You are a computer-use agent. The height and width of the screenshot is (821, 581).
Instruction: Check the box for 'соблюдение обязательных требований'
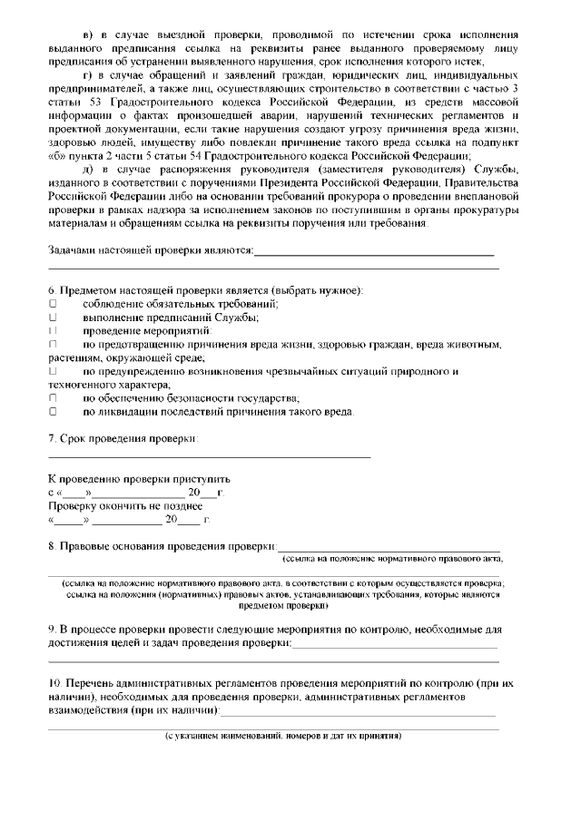(53, 304)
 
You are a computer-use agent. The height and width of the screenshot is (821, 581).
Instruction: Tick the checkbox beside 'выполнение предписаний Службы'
(53, 318)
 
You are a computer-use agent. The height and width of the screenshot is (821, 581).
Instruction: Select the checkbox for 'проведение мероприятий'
(53, 331)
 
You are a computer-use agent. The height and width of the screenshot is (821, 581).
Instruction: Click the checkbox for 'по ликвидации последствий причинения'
(53, 412)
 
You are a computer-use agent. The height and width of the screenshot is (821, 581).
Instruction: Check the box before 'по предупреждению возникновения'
(53, 372)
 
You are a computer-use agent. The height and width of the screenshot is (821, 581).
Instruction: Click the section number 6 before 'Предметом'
(51, 290)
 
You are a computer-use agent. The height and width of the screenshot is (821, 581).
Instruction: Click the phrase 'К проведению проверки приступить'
(139, 478)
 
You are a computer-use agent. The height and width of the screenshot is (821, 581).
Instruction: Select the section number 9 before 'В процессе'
(51, 629)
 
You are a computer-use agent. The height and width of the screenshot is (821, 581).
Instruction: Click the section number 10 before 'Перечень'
(54, 681)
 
